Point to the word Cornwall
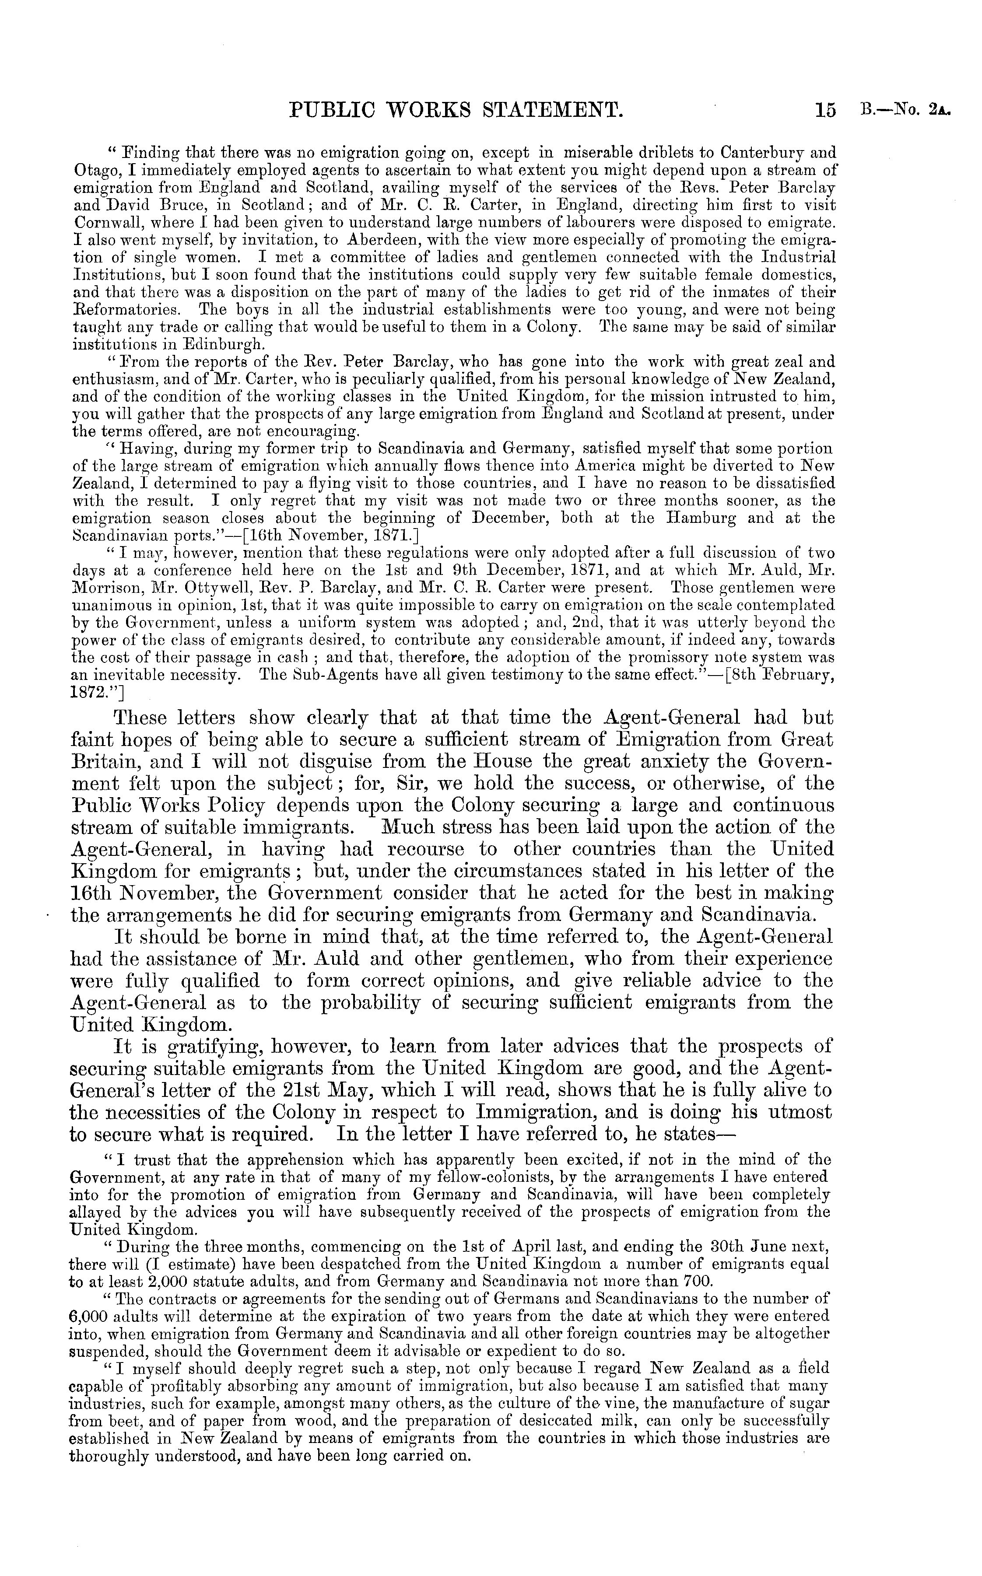click(x=99, y=223)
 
